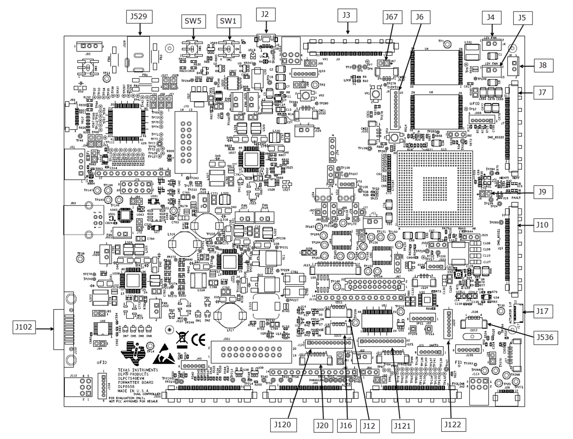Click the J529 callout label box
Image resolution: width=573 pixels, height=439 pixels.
tap(139, 16)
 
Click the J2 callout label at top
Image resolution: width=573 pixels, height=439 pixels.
tap(265, 14)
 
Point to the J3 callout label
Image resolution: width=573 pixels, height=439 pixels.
tap(347, 16)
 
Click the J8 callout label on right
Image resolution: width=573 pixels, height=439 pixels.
tap(543, 65)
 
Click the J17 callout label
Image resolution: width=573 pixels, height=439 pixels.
tap(543, 311)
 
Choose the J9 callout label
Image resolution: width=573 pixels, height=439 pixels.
tap(543, 191)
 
